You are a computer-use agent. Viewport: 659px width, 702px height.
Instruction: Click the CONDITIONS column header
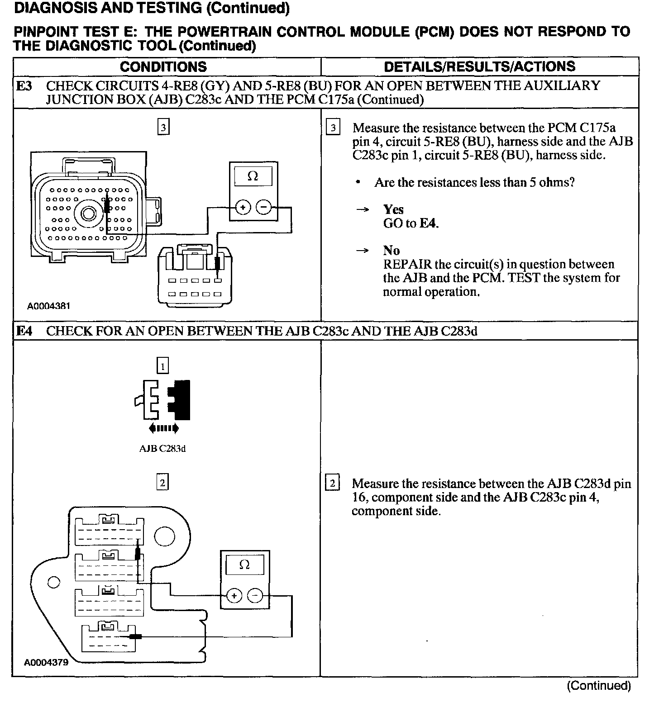[163, 67]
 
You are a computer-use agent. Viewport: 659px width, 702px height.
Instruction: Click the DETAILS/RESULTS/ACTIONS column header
[479, 66]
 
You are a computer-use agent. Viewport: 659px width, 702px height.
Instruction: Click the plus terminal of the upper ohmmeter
[243, 208]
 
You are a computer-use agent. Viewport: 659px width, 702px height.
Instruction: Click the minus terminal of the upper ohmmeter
[263, 208]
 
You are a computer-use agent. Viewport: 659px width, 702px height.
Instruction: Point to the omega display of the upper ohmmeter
[253, 176]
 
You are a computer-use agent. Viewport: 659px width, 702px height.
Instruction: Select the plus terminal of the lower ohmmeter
[234, 596]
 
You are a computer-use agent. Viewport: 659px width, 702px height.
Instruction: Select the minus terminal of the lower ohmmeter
[255, 596]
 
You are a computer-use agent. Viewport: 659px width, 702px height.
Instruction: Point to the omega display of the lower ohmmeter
[244, 564]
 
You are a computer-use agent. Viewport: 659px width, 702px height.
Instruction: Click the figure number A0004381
[49, 306]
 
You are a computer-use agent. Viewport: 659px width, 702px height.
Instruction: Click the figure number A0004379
[46, 662]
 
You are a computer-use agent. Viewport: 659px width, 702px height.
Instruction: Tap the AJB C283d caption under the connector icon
[162, 449]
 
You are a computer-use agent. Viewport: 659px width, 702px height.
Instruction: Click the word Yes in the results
[393, 209]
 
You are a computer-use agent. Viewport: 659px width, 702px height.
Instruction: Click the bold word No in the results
[392, 251]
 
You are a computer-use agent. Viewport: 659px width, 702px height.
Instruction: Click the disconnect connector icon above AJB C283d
[162, 400]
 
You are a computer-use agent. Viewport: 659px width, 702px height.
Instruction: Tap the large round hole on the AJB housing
[164, 536]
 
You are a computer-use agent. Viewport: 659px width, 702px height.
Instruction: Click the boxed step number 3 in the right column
[333, 128]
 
